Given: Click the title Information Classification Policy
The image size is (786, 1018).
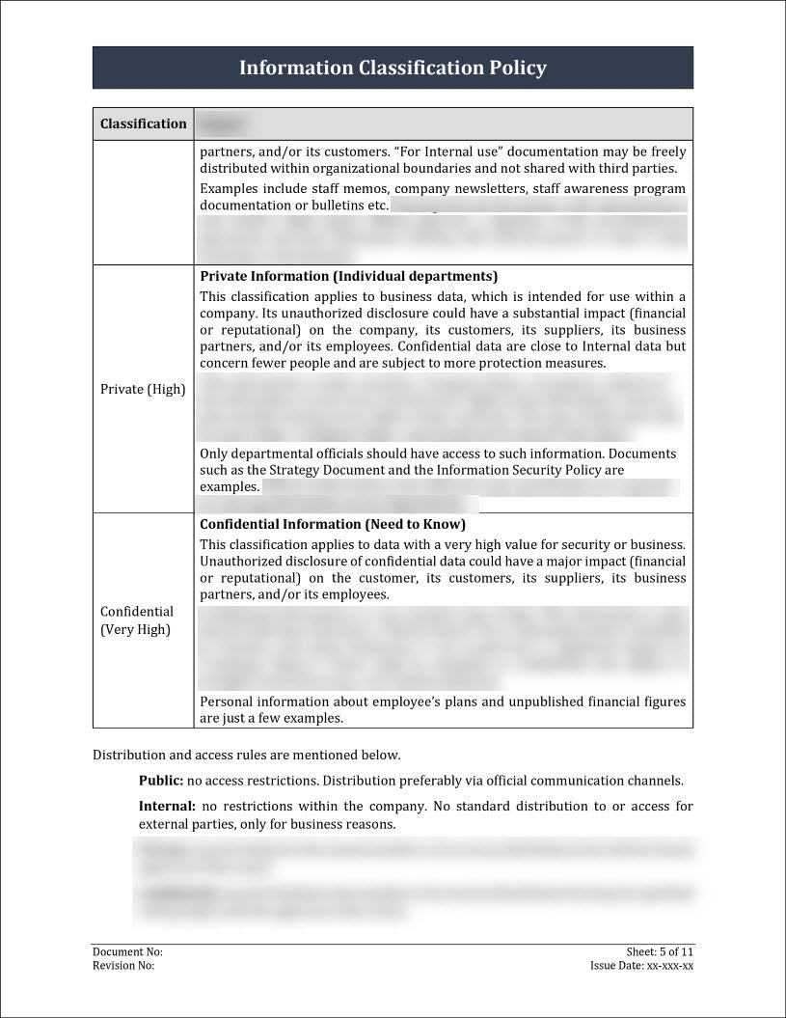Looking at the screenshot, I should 393,68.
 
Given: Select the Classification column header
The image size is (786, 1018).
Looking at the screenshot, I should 144,124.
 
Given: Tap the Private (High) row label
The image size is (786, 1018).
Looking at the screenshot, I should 143,390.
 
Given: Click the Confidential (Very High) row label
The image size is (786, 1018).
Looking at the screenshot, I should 137,620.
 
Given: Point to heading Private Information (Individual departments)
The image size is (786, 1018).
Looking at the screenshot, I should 348,276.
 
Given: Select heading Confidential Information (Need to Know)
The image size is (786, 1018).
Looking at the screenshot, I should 333,524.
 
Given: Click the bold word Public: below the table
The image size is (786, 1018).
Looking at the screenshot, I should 161,781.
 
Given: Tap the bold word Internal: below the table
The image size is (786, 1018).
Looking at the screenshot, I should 167,806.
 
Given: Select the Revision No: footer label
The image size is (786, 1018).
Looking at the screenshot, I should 123,965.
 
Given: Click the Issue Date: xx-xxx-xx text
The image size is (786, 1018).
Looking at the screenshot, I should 641,965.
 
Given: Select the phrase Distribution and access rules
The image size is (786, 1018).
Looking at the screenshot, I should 177,755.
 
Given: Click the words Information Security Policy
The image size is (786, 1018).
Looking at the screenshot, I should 520,470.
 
